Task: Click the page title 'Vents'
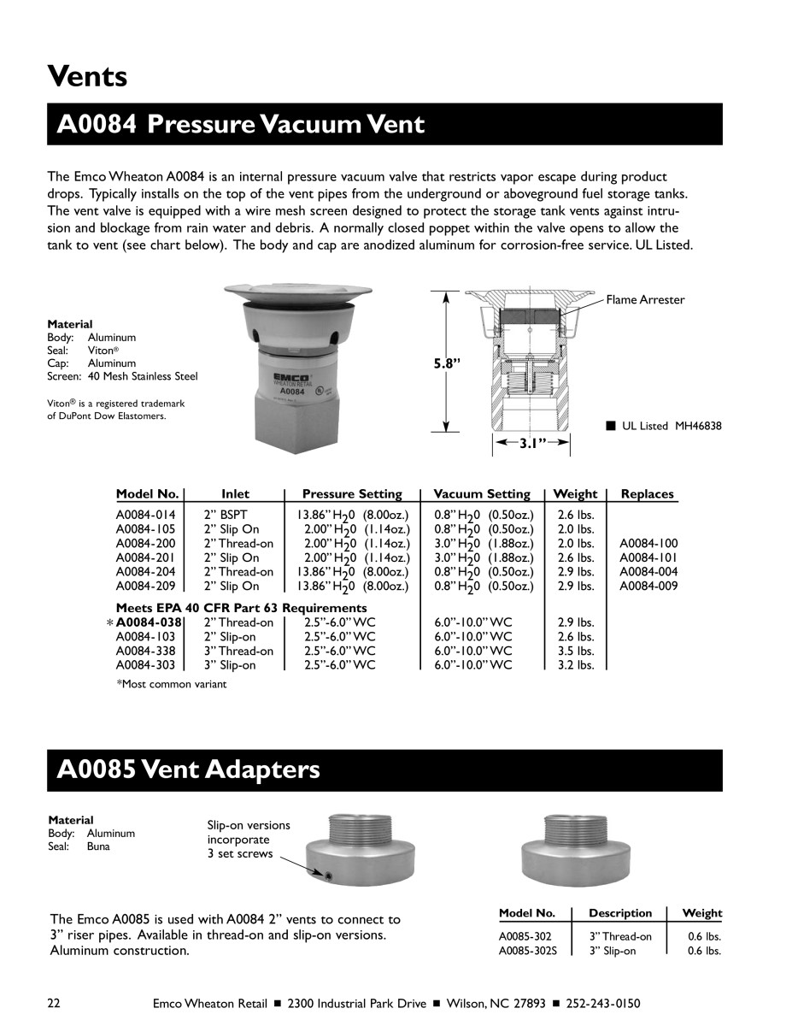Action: tap(87, 76)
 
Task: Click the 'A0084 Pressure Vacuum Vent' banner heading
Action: tap(240, 125)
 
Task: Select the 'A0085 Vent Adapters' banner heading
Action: tap(188, 769)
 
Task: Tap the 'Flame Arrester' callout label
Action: tap(645, 299)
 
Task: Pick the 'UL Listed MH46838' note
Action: tap(671, 426)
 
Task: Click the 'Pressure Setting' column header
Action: tap(352, 494)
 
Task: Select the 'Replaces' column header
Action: tap(647, 494)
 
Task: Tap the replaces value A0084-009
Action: tap(648, 587)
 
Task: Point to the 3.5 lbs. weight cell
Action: tap(575, 651)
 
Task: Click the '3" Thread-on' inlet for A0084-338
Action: tap(238, 651)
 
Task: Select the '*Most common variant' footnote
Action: tap(172, 684)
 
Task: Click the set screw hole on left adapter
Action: tap(328, 876)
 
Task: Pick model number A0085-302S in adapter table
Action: tap(528, 950)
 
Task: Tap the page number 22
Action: tap(54, 1003)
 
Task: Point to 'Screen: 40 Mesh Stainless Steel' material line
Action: tap(122, 376)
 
